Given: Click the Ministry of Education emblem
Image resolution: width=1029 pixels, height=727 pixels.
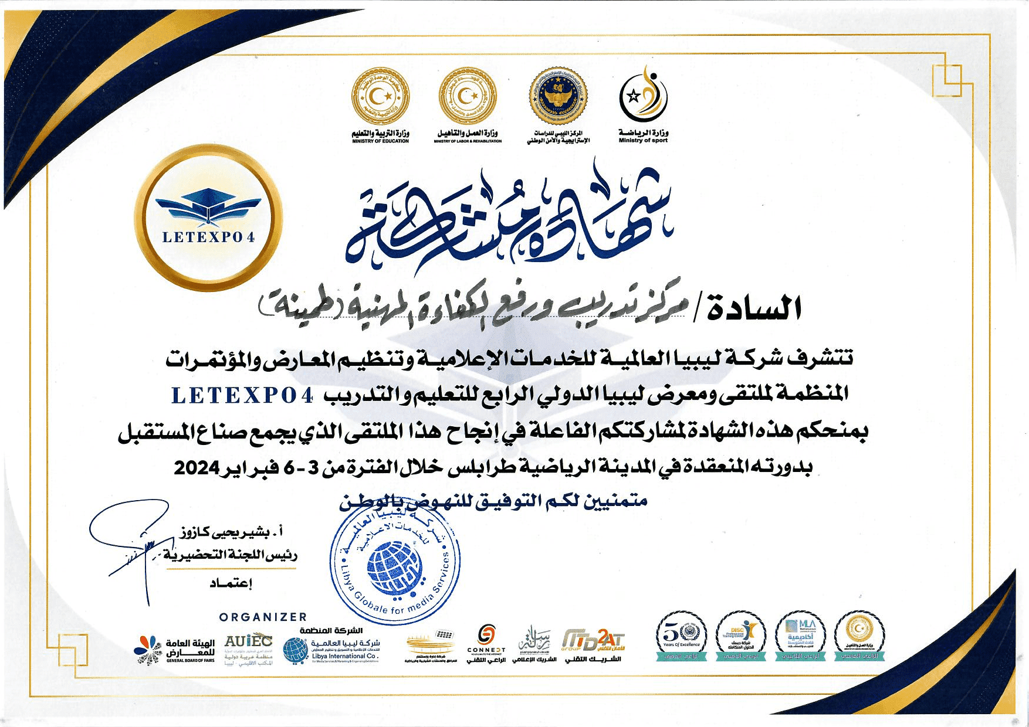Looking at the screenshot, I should [380, 96].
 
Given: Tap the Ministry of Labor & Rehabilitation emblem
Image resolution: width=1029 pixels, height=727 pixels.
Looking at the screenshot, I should [468, 96].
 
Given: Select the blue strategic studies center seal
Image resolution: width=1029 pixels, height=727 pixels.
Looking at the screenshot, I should [558, 96].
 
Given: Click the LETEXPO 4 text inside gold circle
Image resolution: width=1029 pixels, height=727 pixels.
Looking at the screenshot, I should [208, 237].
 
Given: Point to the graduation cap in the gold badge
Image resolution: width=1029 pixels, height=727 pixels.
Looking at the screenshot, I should [208, 205].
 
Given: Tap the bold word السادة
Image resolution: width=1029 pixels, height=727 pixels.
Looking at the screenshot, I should [754, 308].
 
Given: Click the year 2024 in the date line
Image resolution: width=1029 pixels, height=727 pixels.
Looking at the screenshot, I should [197, 468].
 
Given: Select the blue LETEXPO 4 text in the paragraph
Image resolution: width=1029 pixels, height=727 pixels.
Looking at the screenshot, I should [242, 396].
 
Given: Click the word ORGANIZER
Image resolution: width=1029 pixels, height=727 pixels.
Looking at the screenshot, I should [263, 617].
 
